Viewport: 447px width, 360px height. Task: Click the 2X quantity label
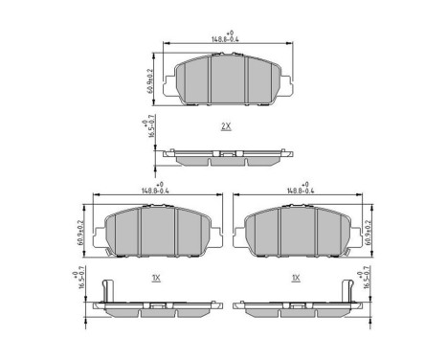click(x=226, y=126)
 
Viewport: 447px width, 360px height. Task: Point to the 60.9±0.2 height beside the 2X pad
click(x=153, y=79)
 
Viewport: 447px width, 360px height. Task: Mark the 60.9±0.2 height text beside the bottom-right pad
click(x=371, y=230)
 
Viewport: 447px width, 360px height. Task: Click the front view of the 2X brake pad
click(x=227, y=79)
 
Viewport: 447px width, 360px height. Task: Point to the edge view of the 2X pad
click(x=227, y=155)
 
